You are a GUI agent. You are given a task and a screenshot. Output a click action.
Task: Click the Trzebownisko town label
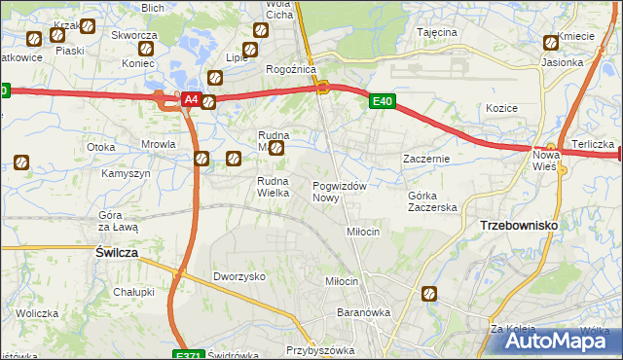click(x=519, y=225)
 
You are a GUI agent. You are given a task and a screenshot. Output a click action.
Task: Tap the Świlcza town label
click(x=116, y=251)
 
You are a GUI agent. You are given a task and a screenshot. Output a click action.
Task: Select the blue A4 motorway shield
click(x=191, y=99)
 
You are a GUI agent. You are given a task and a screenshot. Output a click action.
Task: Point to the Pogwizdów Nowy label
click(x=339, y=192)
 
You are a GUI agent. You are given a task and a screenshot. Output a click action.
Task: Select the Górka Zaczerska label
click(x=432, y=201)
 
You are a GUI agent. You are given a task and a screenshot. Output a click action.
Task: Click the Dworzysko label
click(x=239, y=276)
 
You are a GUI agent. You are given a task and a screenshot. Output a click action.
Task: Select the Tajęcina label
click(x=437, y=32)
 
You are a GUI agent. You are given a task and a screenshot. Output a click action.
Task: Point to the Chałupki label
click(x=133, y=291)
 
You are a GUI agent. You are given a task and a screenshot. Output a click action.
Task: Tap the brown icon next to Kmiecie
click(x=552, y=42)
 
